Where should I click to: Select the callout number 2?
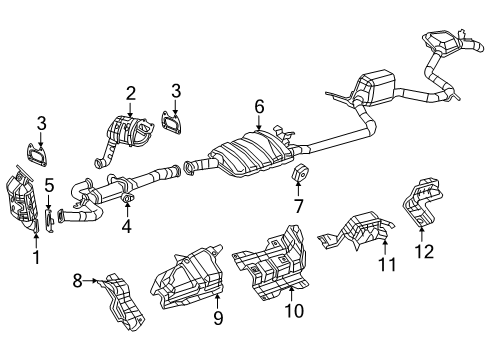click(x=130, y=94)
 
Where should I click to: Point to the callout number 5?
click(x=48, y=183)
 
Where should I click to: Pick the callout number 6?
click(x=259, y=105)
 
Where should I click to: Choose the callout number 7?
click(x=298, y=208)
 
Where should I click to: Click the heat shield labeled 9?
click(x=185, y=279)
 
